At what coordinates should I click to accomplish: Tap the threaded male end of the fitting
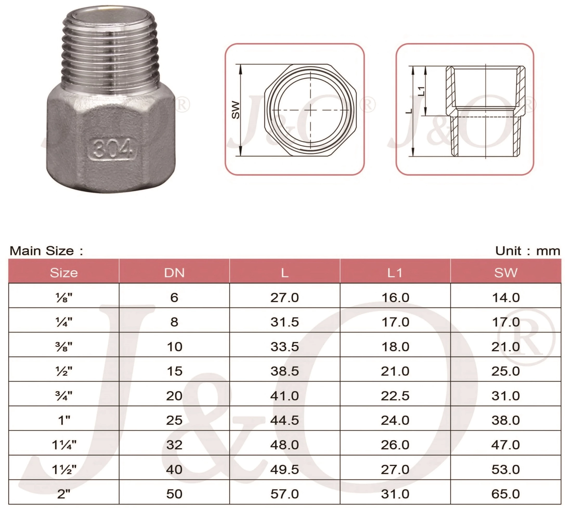click(111, 50)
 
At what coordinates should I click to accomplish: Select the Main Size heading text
click(46, 251)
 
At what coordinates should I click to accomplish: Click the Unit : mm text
click(527, 251)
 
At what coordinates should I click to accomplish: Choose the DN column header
click(174, 273)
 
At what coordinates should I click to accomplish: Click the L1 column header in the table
click(395, 273)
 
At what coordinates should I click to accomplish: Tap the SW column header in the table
click(505, 273)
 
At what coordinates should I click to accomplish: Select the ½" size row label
click(64, 371)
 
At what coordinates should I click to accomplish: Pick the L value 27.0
click(284, 297)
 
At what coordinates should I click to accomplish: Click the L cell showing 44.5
click(284, 420)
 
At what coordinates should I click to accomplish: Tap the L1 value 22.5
click(395, 395)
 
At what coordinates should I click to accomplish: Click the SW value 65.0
click(505, 494)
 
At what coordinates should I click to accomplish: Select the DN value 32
click(174, 445)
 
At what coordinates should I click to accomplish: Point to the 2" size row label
click(64, 494)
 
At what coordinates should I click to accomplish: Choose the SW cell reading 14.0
click(505, 297)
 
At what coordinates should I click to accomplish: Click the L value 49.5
click(284, 469)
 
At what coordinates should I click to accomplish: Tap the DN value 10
click(174, 347)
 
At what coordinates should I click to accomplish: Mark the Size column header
click(64, 273)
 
